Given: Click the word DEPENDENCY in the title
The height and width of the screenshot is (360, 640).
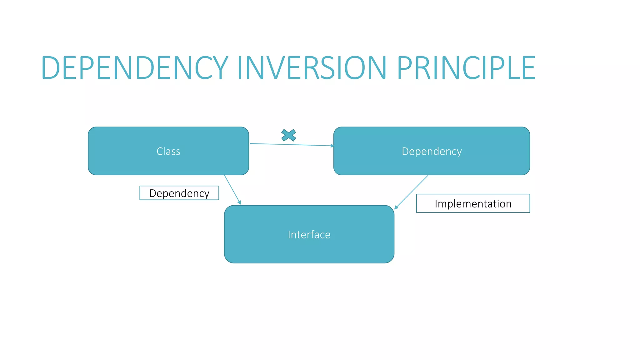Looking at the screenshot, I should click(x=134, y=67).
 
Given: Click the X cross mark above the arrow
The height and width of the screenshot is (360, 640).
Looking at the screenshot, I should click(x=288, y=135).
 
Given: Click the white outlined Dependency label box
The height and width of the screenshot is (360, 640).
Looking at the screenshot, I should click(x=179, y=193).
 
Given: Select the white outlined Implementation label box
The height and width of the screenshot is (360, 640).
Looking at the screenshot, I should click(x=473, y=203).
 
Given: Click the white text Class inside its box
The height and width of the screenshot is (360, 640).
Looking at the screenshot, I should click(x=168, y=151).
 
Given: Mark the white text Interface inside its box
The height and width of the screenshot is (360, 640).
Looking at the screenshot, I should click(x=309, y=234).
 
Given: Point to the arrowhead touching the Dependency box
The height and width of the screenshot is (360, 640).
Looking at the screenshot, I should click(x=332, y=146).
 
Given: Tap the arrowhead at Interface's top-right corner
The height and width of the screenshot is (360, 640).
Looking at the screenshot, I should click(x=396, y=207).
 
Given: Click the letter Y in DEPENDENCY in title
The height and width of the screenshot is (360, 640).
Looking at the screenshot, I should click(x=217, y=67).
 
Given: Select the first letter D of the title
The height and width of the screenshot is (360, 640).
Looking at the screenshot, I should click(x=50, y=67).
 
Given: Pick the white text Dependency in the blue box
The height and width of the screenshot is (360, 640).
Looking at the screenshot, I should click(x=431, y=151).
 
